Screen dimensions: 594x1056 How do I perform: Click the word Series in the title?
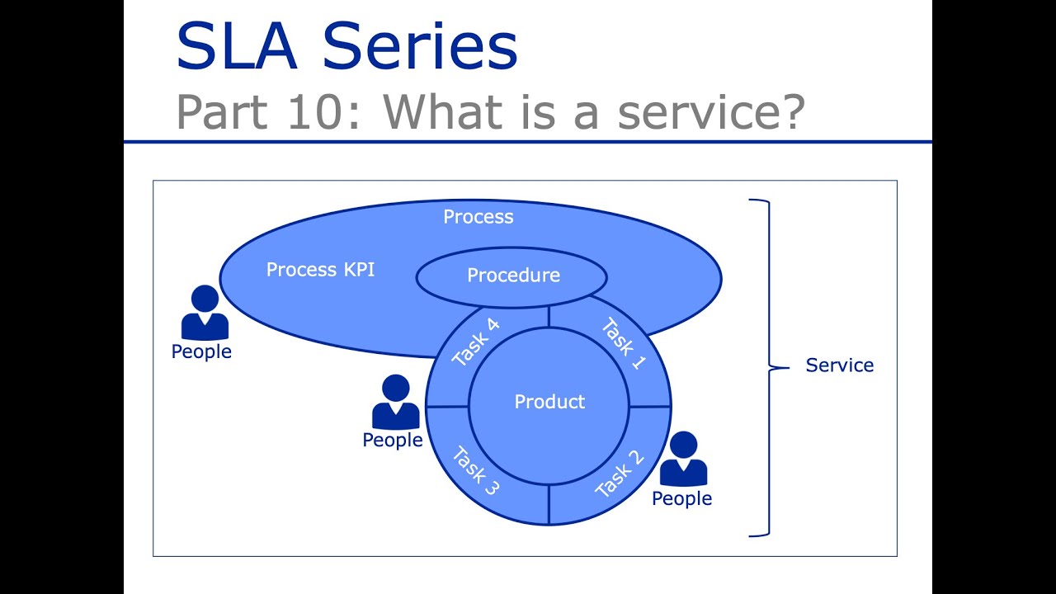click(x=420, y=46)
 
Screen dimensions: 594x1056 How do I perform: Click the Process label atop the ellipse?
click(x=478, y=217)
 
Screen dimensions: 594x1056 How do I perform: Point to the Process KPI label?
click(x=320, y=270)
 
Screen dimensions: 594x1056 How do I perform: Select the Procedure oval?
click(x=512, y=276)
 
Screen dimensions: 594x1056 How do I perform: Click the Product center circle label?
click(x=549, y=402)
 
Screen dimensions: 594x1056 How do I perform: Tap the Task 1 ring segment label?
click(x=623, y=343)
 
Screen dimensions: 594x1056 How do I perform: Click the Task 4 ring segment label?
click(x=476, y=342)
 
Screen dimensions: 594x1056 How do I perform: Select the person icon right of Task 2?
click(x=683, y=459)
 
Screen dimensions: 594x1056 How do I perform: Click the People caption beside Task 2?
click(x=681, y=499)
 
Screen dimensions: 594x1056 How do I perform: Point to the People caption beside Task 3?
click(x=393, y=441)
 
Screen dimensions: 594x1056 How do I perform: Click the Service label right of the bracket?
click(x=839, y=365)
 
